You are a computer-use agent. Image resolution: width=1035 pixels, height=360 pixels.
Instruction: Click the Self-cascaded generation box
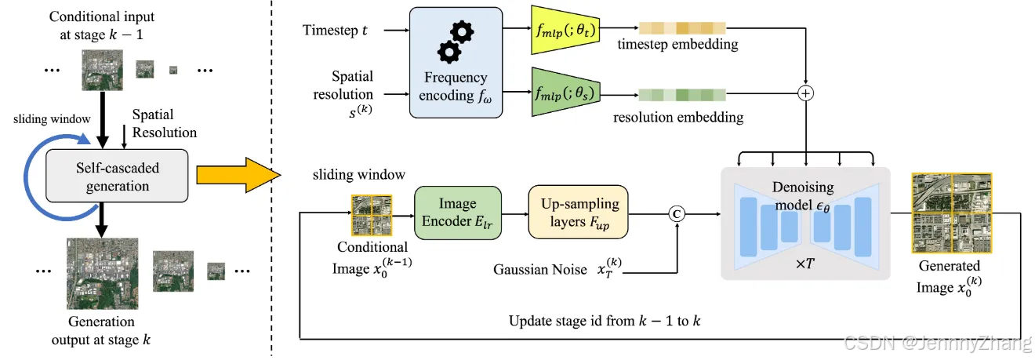[x=117, y=176]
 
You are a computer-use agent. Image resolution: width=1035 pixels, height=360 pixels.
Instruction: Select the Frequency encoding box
[x=456, y=63]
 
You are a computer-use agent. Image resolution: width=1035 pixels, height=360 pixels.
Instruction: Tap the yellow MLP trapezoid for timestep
[x=565, y=30]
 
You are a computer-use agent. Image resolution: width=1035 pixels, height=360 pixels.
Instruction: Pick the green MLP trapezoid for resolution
[x=565, y=92]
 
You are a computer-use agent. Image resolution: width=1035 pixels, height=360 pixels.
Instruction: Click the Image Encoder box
[x=457, y=213]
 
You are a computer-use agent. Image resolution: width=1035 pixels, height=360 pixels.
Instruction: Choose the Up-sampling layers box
[x=578, y=212]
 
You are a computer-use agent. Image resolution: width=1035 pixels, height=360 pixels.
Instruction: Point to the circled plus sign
[x=806, y=93]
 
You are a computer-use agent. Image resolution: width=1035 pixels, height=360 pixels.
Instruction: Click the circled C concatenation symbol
[x=677, y=214]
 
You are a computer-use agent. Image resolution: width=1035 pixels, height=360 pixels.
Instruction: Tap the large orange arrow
[x=238, y=175]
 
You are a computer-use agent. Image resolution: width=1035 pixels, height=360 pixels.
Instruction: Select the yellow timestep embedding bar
[x=682, y=28]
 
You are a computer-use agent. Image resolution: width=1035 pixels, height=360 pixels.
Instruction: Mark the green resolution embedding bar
[x=682, y=95]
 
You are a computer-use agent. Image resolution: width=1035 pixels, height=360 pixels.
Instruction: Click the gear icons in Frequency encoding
[x=456, y=42]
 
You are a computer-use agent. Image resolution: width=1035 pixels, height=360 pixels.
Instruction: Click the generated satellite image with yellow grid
[x=952, y=213]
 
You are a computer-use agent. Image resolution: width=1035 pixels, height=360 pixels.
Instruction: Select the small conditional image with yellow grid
[x=372, y=215]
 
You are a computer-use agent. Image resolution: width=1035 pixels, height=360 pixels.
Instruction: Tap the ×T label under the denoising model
[x=805, y=264]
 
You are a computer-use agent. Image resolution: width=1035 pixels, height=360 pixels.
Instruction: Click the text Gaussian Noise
[x=539, y=270]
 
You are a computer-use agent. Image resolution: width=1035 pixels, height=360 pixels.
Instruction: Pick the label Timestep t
[x=335, y=30]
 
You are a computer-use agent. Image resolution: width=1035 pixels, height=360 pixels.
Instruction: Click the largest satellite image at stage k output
[x=102, y=274]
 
